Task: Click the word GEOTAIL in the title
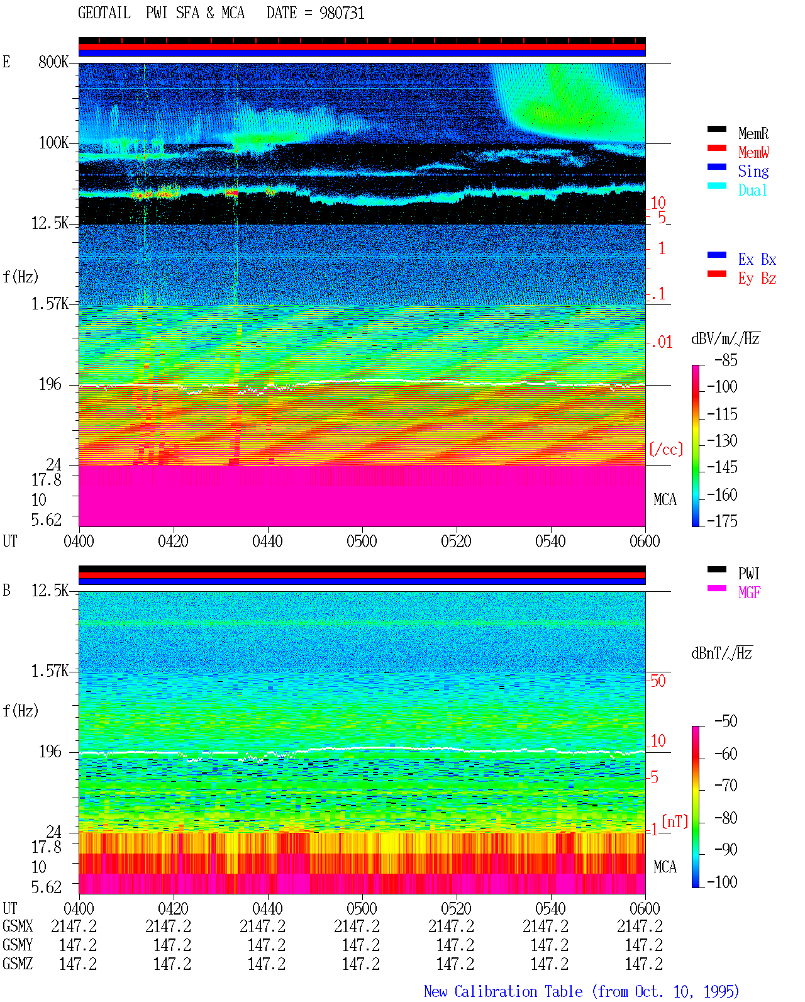[104, 13]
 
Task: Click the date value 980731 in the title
[341, 13]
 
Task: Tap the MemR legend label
[753, 133]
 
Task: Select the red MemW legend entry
[753, 152]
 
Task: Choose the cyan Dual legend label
[752, 190]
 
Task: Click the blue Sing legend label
[753, 171]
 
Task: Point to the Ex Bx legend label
[757, 259]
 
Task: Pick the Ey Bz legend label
[757, 279]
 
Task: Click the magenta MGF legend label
[749, 593]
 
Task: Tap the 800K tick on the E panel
[53, 62]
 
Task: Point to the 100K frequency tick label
[53, 143]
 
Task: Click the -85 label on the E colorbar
[726, 360]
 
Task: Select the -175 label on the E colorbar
[722, 521]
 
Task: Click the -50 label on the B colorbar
[726, 721]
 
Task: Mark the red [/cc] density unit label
[666, 449]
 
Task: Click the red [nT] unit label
[675, 821]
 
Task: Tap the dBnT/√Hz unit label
[721, 653]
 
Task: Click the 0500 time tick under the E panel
[362, 541]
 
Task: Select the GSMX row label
[18, 926]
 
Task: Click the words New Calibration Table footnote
[503, 991]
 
